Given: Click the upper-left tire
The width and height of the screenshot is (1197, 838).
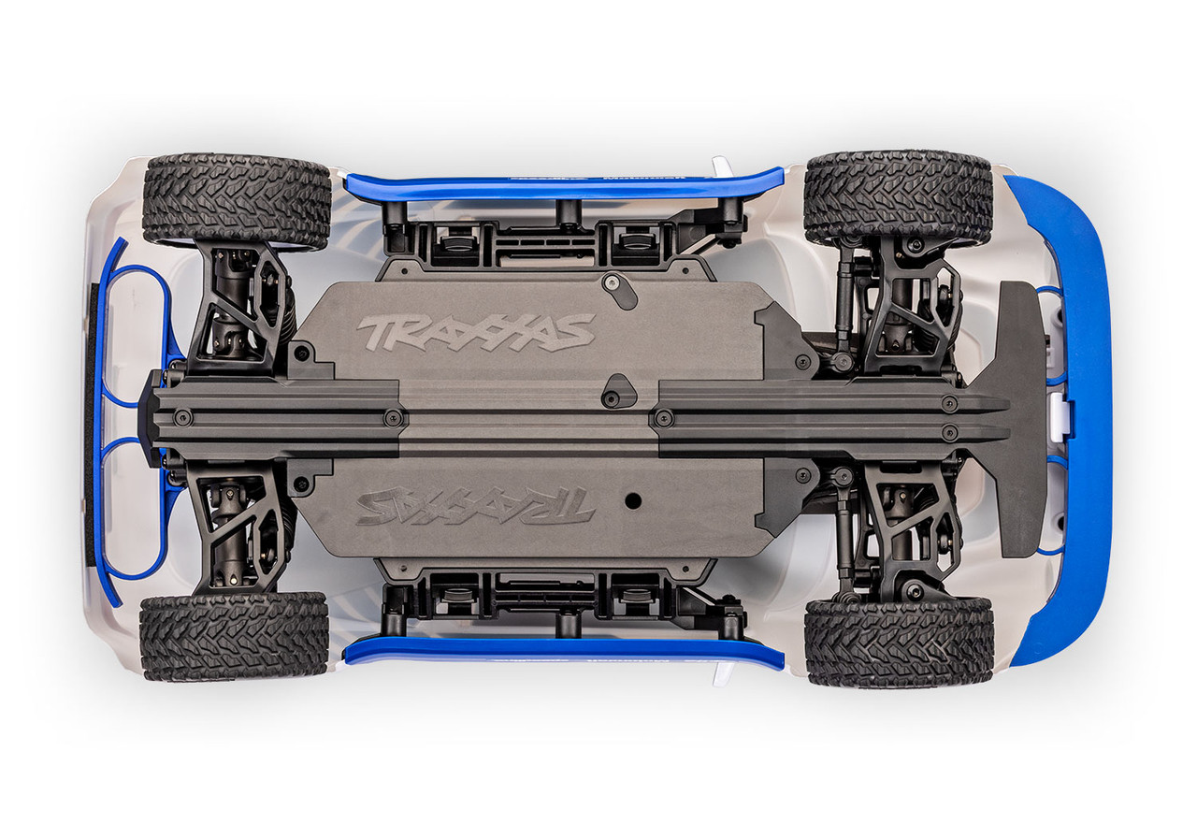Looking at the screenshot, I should pyautogui.click(x=237, y=200).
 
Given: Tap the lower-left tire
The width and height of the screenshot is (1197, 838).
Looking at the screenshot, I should pyautogui.click(x=235, y=635).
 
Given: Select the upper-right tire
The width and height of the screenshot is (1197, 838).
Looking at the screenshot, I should pyautogui.click(x=898, y=197).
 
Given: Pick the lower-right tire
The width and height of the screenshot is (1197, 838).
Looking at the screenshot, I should pyautogui.click(x=899, y=642).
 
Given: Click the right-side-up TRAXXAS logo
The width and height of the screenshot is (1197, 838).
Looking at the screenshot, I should pyautogui.click(x=476, y=332).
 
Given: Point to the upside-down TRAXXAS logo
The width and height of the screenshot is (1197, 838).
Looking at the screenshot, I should pyautogui.click(x=475, y=505).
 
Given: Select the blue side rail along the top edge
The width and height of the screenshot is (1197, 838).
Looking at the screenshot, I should pyautogui.click(x=561, y=186).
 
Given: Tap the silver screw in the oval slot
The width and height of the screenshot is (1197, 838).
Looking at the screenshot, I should pyautogui.click(x=612, y=282).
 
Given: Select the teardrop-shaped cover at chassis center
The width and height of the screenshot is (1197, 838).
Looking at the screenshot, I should pyautogui.click(x=617, y=390).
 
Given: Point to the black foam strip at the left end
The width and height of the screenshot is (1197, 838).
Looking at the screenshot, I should pyautogui.click(x=91, y=421).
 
